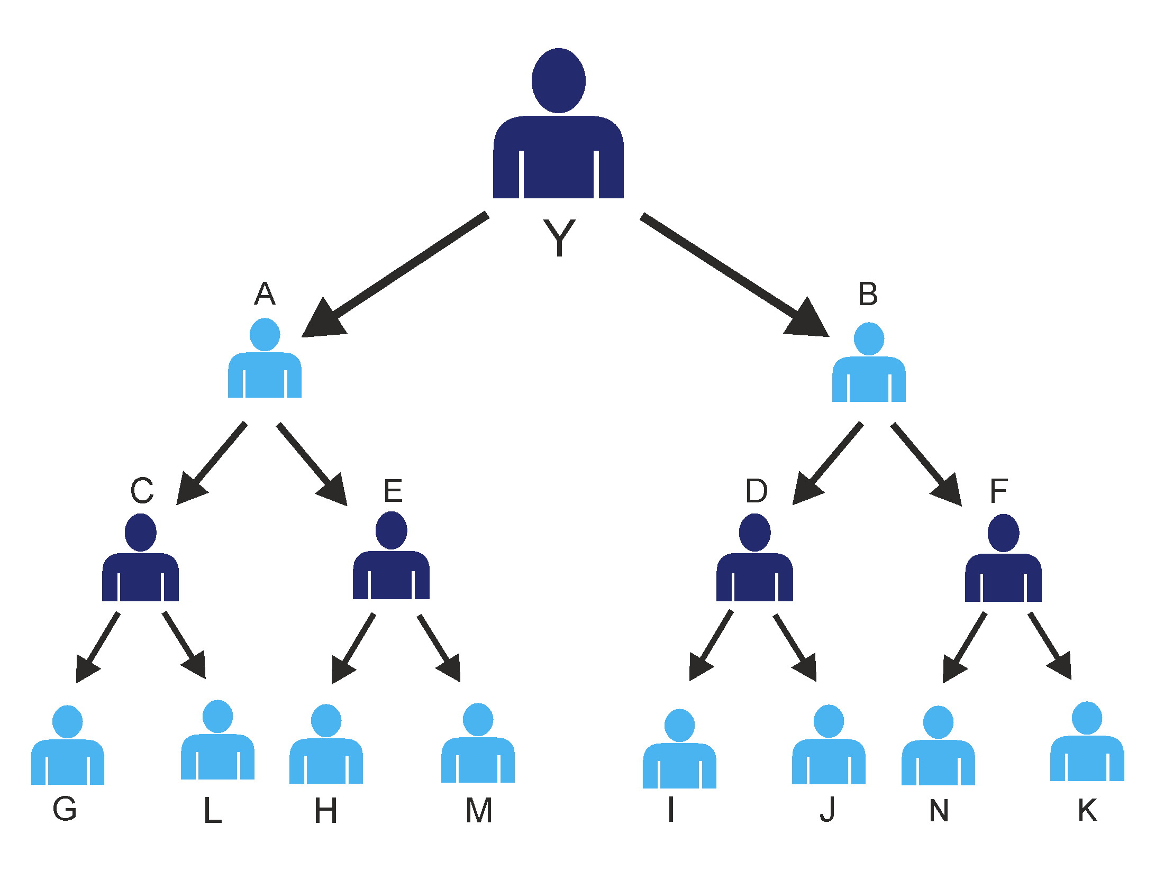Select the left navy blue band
(265, 576)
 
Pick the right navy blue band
(847, 576)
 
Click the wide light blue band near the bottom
(577, 751)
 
